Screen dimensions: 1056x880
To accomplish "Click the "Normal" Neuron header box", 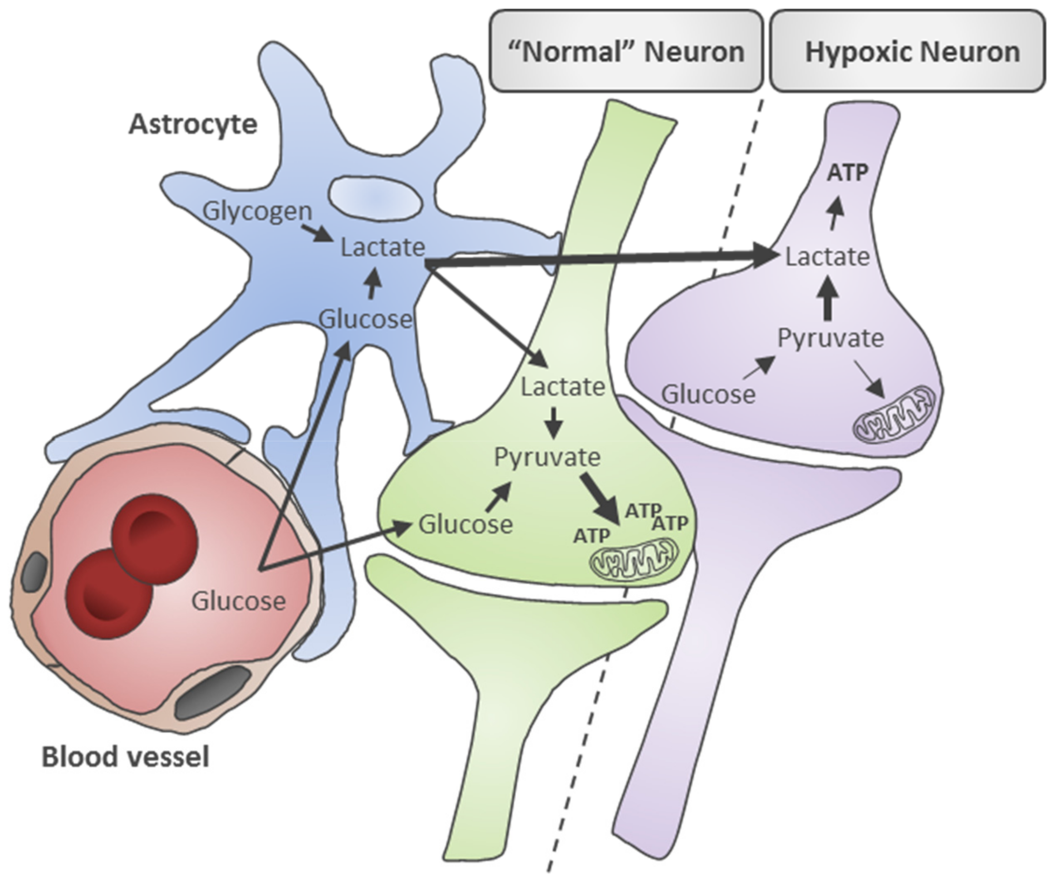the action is [626, 51].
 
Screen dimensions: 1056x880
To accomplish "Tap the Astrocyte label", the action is [193, 124].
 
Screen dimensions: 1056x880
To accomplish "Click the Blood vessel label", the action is [125, 756].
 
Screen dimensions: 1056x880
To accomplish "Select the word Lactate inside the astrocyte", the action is [383, 247].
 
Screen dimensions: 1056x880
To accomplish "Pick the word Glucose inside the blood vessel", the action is [238, 601].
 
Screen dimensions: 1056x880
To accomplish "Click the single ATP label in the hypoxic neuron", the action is [848, 173].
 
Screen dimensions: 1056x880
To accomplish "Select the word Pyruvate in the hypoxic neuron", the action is [831, 339].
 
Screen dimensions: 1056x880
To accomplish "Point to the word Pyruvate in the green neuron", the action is [547, 457].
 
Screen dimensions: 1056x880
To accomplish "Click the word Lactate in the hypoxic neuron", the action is [828, 257].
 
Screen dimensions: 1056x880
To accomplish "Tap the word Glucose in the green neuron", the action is [466, 525].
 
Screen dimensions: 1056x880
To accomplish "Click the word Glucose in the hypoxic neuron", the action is [708, 394].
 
